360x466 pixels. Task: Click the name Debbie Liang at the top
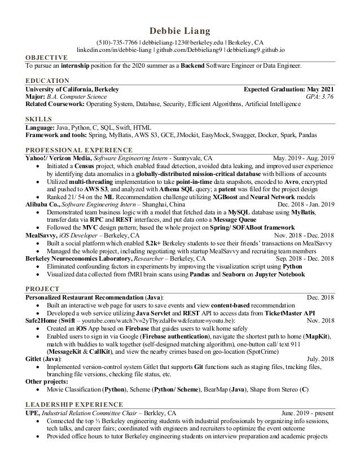pyautogui.click(x=179, y=30)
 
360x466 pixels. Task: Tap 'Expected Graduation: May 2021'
pyautogui.click(x=288, y=89)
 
